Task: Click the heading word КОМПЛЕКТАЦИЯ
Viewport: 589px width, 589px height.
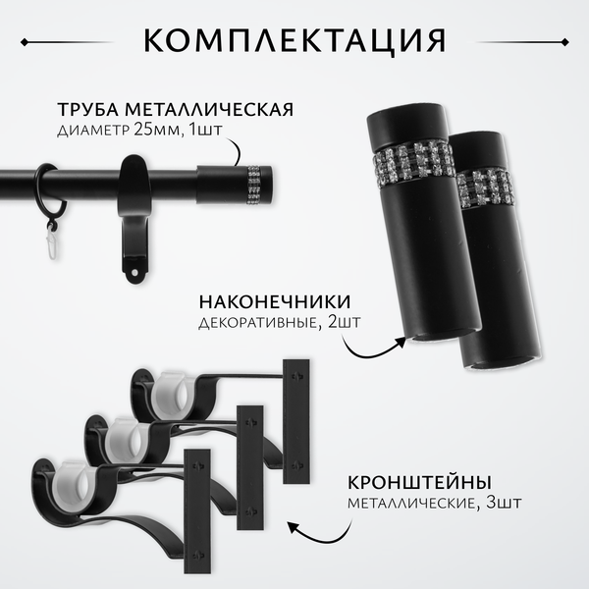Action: coord(294,41)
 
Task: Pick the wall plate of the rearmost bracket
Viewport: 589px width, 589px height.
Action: coord(297,421)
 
